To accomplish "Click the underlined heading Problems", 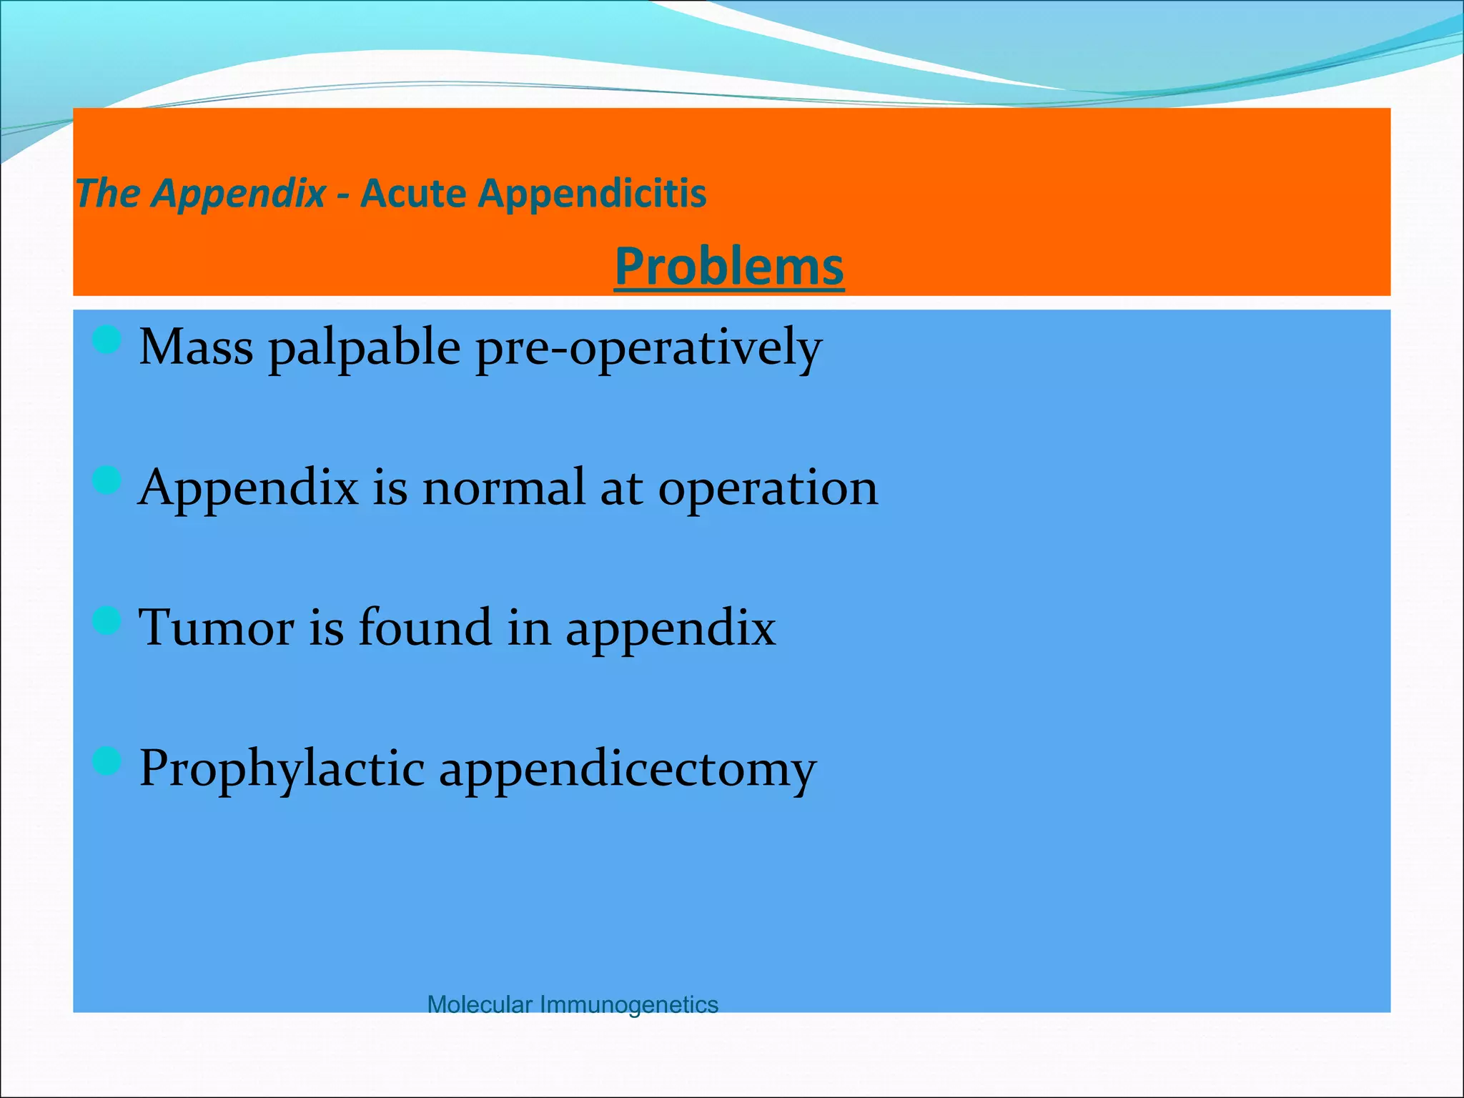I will pos(729,266).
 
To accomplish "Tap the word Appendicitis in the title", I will pos(592,194).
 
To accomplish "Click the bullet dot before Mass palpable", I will pos(107,340).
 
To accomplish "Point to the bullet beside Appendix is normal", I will pos(107,480).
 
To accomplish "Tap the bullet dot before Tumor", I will pos(107,620).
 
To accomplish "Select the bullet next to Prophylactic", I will pos(107,761).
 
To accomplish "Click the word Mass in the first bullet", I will pos(196,347).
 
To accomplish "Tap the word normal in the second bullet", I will pos(503,488).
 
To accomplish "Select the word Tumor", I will pos(215,628).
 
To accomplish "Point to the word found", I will pos(425,628).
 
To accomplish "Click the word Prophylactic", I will pos(282,769).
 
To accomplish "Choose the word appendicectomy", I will pos(627,769).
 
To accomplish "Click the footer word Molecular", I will pos(480,1004).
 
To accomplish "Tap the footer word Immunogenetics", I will pos(628,1005).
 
